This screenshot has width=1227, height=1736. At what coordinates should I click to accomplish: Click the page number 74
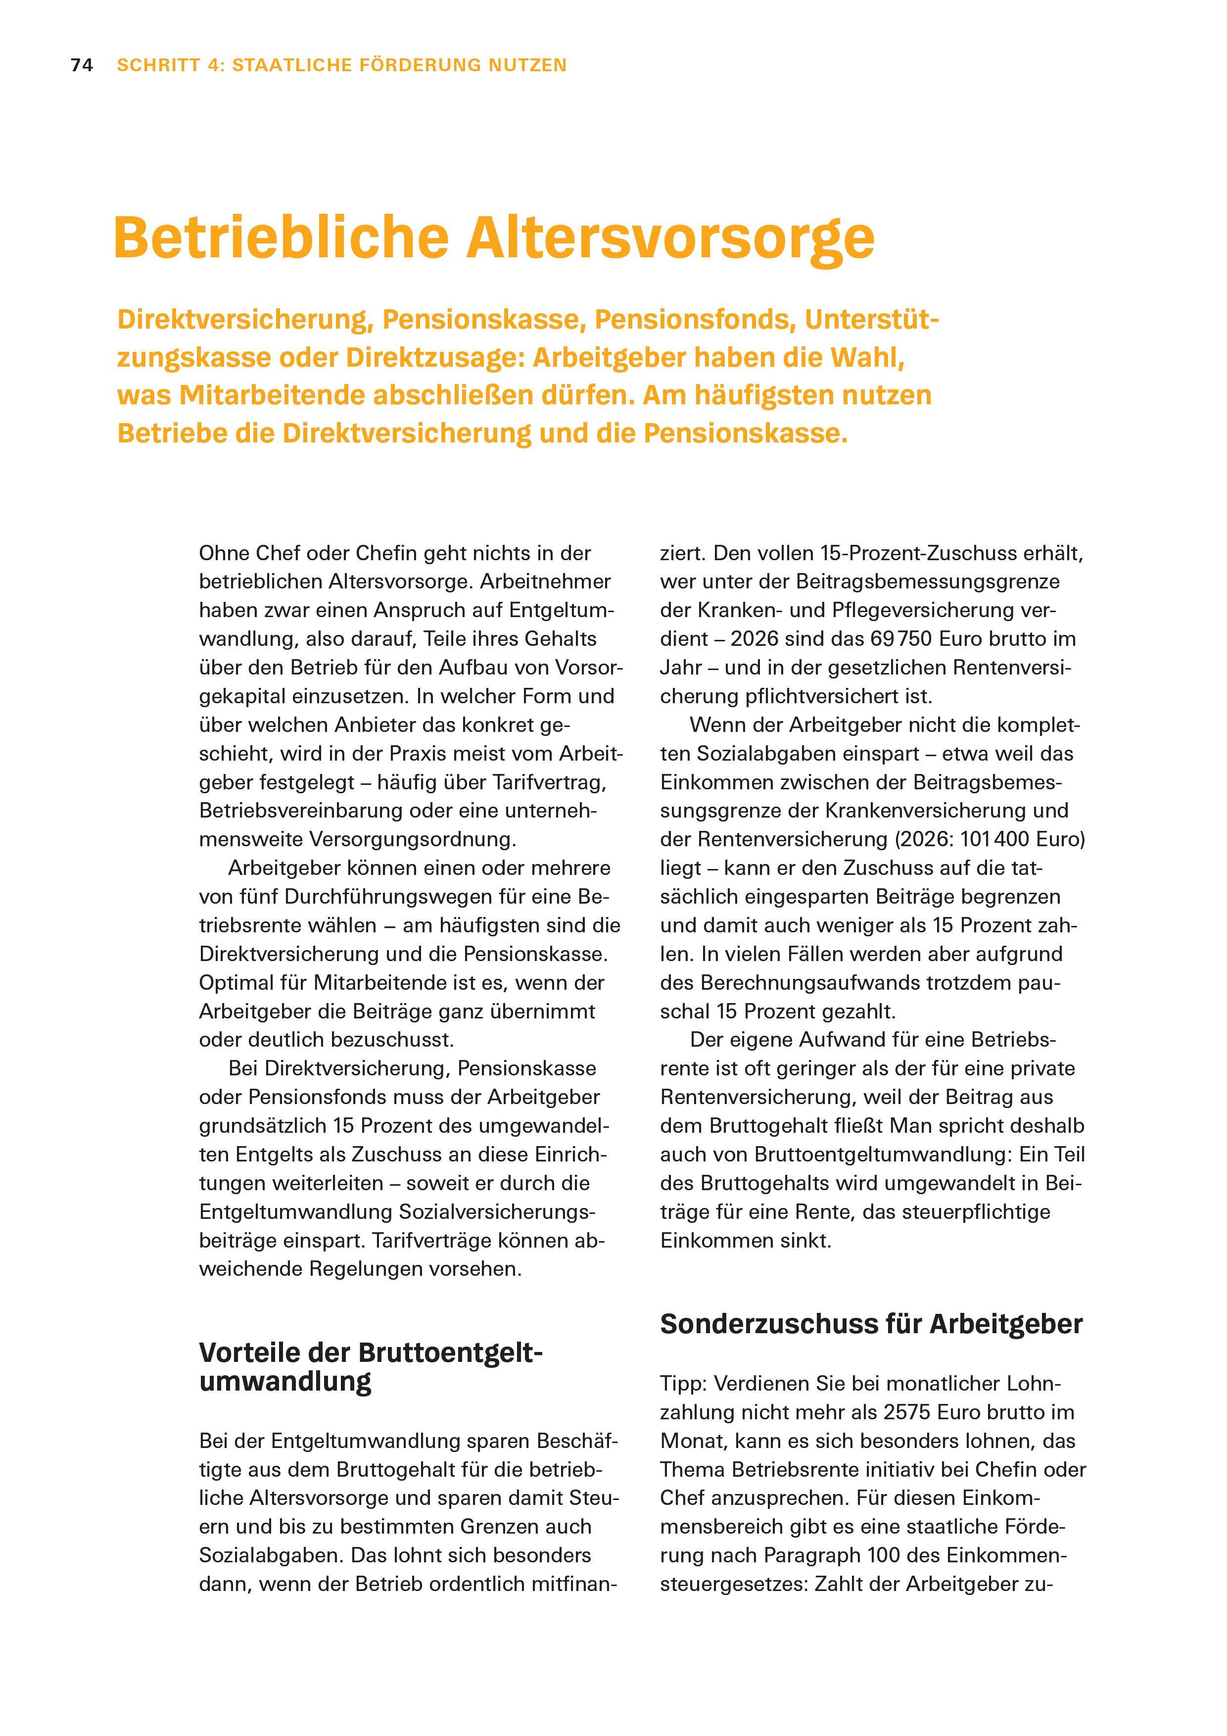tap(82, 66)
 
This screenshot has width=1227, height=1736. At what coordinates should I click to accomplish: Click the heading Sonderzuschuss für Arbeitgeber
tap(871, 1324)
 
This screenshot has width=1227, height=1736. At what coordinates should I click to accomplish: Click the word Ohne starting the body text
tap(224, 553)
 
